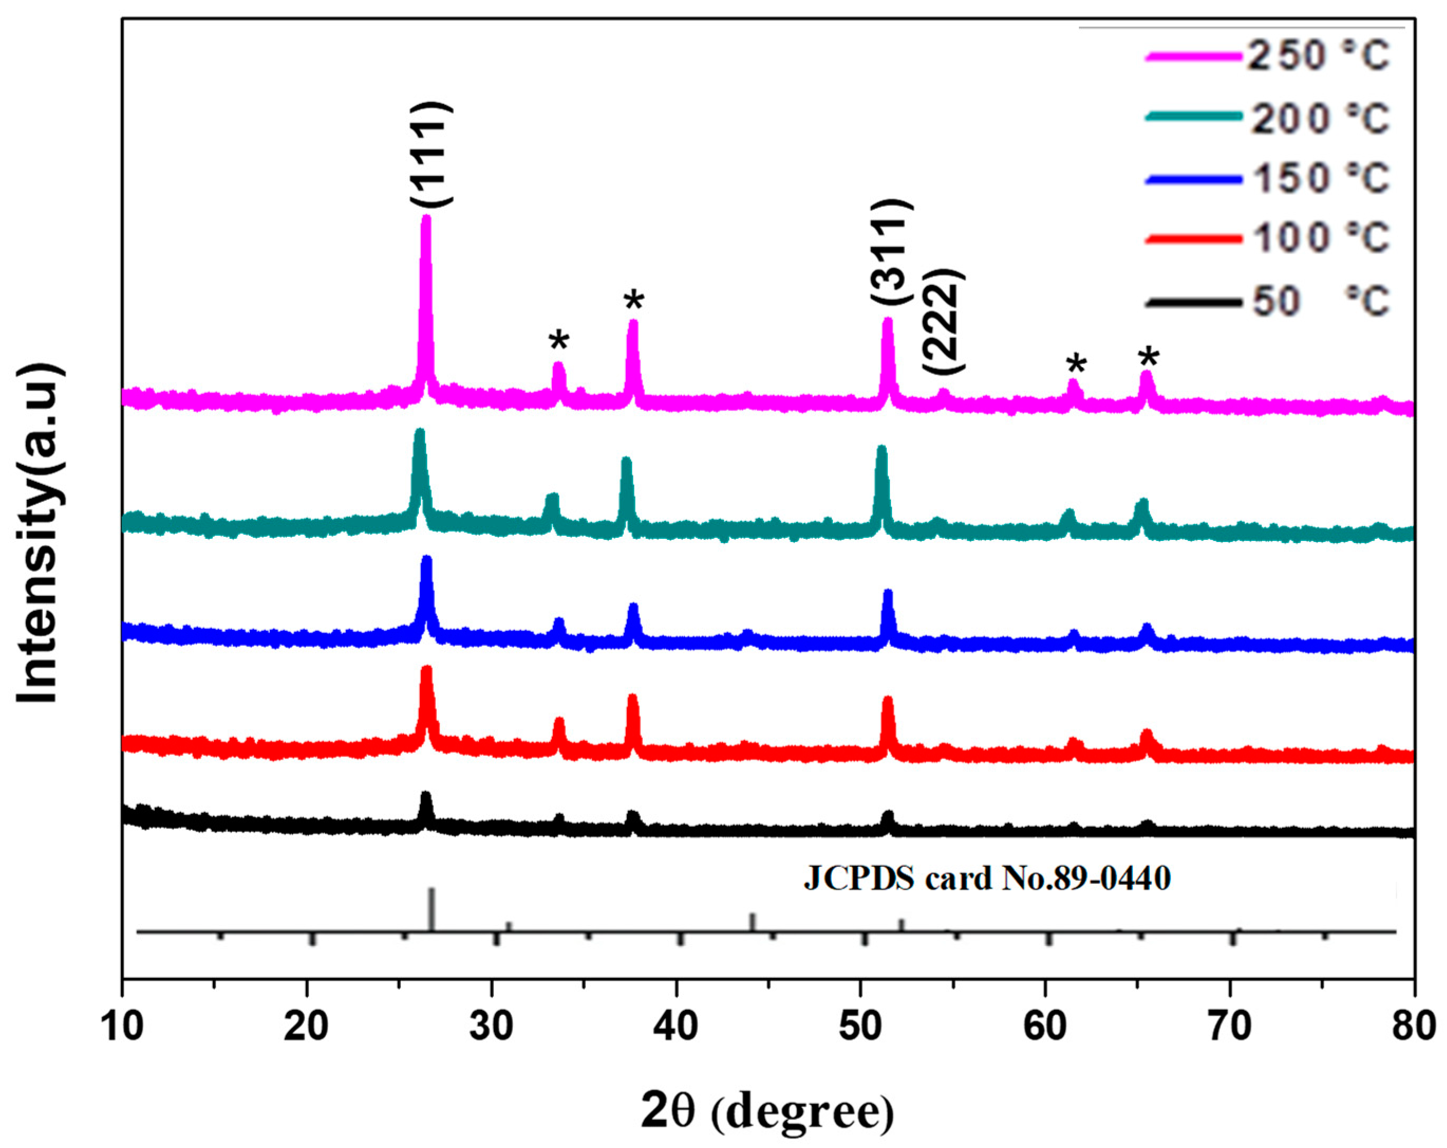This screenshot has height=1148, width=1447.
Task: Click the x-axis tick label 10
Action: point(123,1027)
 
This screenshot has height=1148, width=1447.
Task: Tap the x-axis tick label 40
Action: point(676,1027)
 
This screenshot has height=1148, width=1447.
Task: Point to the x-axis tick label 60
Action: point(1045,1027)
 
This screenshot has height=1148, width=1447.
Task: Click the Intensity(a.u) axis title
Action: point(39,533)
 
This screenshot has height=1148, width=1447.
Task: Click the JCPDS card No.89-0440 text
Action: point(986,879)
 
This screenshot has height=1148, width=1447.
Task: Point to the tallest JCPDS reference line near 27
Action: point(431,909)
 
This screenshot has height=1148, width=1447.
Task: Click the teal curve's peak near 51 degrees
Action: point(882,450)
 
